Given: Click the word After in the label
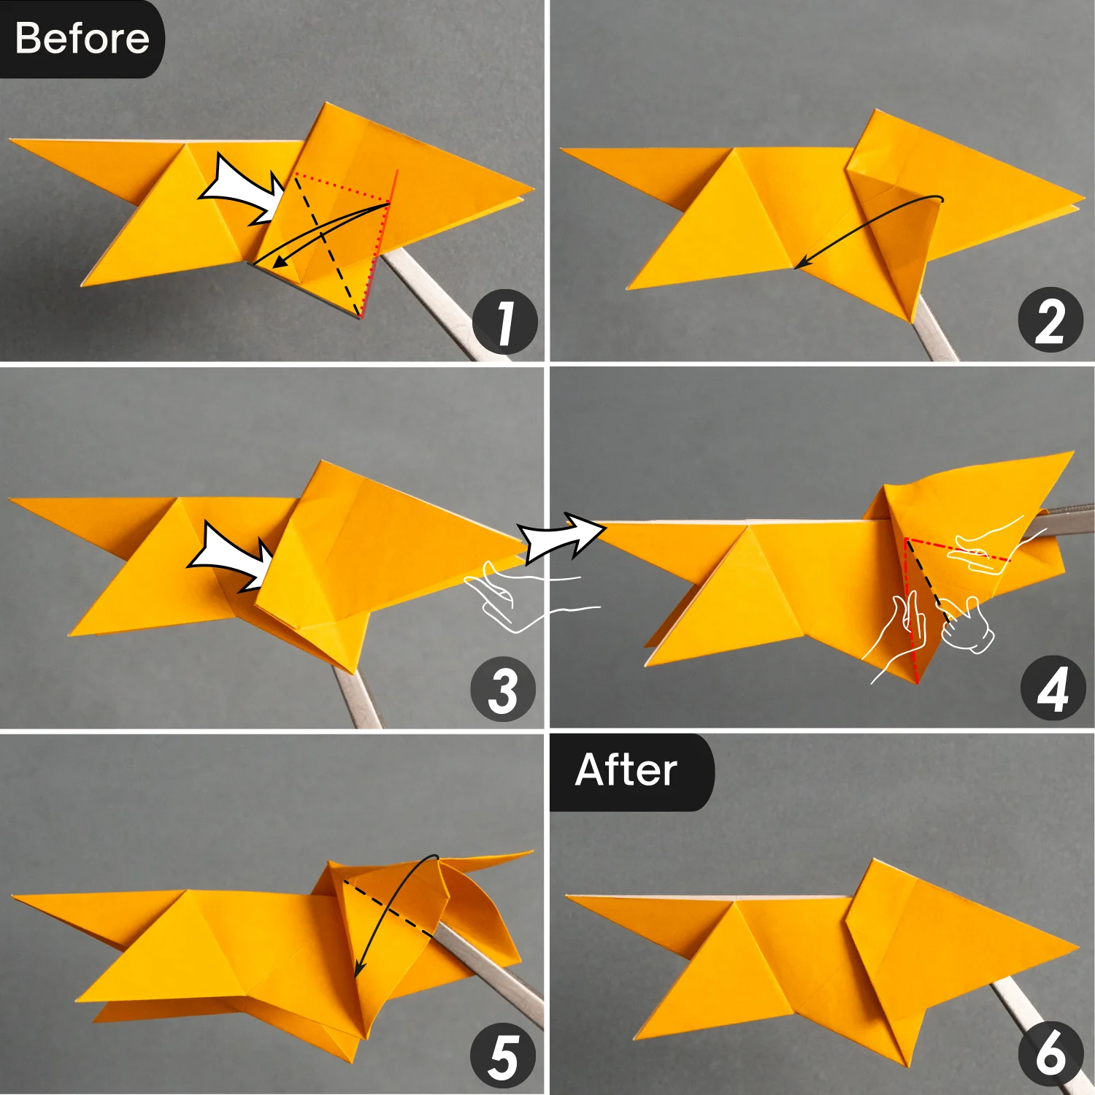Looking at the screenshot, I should point(626,770).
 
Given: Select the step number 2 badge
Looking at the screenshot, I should point(1050,320).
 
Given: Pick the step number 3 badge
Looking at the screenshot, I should point(503,690).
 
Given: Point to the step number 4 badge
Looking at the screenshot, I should point(1052,689).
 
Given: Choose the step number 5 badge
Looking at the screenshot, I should point(503,1056).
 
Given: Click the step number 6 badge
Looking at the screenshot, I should point(1050,1053).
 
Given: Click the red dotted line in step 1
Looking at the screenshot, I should point(343,188).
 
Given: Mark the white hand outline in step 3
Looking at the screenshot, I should point(511,595).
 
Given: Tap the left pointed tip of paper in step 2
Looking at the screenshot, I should point(566,150).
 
